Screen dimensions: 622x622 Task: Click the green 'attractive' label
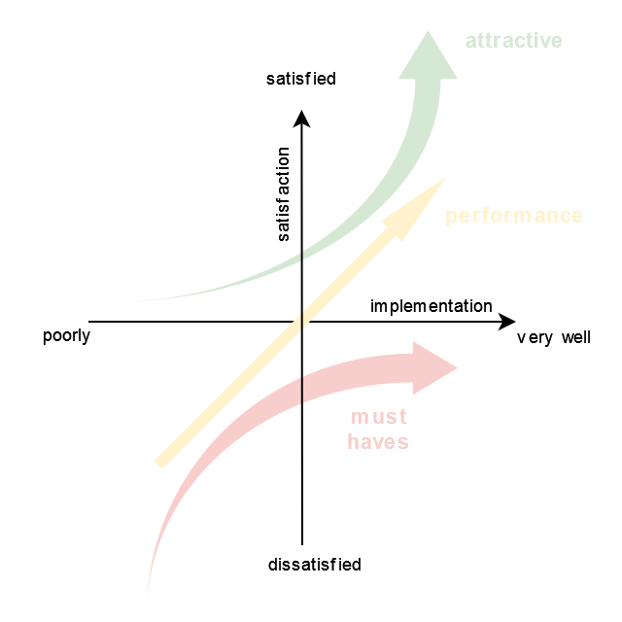tap(514, 41)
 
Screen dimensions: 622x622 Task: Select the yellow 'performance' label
tap(514, 216)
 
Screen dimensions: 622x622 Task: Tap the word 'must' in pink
tap(378, 418)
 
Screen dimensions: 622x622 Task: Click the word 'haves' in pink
tap(378, 442)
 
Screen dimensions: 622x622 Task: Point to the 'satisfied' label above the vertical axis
tap(301, 79)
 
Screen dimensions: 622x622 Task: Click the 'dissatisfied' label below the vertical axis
tap(314, 565)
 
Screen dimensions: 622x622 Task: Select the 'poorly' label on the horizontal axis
tap(66, 337)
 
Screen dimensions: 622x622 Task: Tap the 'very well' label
tap(553, 338)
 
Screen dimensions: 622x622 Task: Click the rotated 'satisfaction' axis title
tap(284, 194)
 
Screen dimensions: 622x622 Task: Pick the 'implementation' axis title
tap(432, 306)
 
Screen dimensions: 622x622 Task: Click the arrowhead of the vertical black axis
tap(302, 119)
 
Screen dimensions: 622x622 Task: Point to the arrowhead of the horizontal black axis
tap(507, 321)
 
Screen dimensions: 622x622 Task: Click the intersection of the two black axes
tap(302, 321)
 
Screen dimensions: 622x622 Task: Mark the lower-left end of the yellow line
tap(160, 463)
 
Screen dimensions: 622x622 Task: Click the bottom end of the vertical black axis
tap(302, 544)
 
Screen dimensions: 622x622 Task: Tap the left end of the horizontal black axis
tap(89, 321)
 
